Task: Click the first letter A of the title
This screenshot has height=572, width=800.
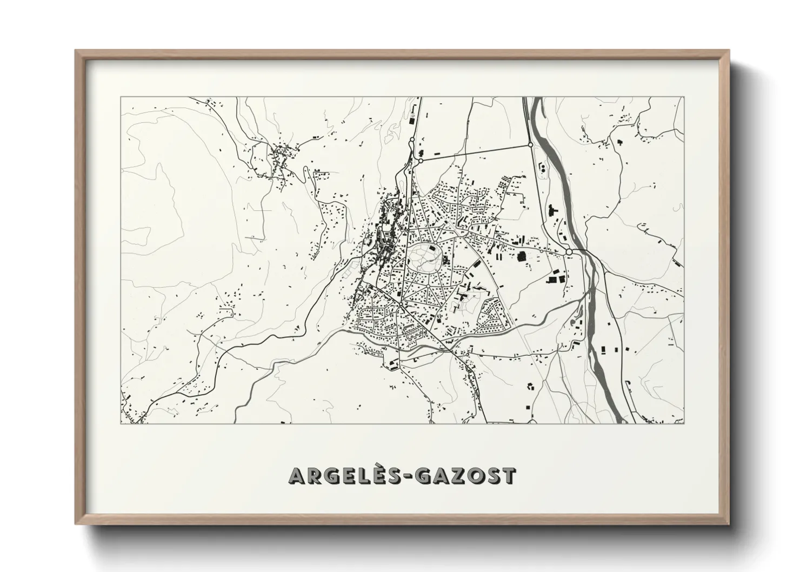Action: click(x=298, y=476)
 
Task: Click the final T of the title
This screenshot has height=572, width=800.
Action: click(x=509, y=476)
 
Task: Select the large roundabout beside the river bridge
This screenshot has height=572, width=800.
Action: click(x=569, y=252)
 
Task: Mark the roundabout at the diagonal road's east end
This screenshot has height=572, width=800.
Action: click(x=530, y=144)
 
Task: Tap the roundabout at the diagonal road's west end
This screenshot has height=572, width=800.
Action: click(x=421, y=160)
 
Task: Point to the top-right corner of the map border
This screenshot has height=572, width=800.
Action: click(x=683, y=97)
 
